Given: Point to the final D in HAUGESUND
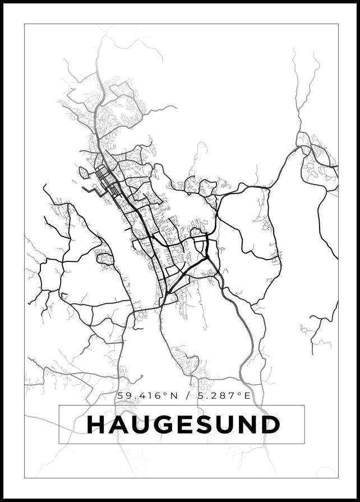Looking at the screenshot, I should point(270,425).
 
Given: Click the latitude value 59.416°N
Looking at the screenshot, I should point(147,396).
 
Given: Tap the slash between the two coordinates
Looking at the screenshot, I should point(187,396).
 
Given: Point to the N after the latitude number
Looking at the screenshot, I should point(174,396).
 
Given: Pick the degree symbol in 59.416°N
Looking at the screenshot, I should point(167,394).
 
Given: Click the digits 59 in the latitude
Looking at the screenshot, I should point(123,396).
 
